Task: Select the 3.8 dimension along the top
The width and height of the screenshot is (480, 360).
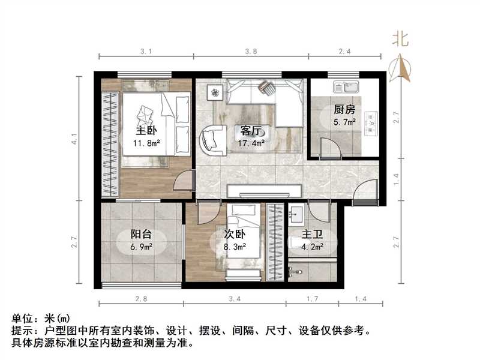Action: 251,52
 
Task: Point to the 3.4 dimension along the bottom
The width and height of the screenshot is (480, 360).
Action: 235,298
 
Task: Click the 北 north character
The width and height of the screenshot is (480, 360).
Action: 400,40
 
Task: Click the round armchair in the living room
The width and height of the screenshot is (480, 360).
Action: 211,139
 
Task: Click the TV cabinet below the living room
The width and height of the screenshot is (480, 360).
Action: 265,191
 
